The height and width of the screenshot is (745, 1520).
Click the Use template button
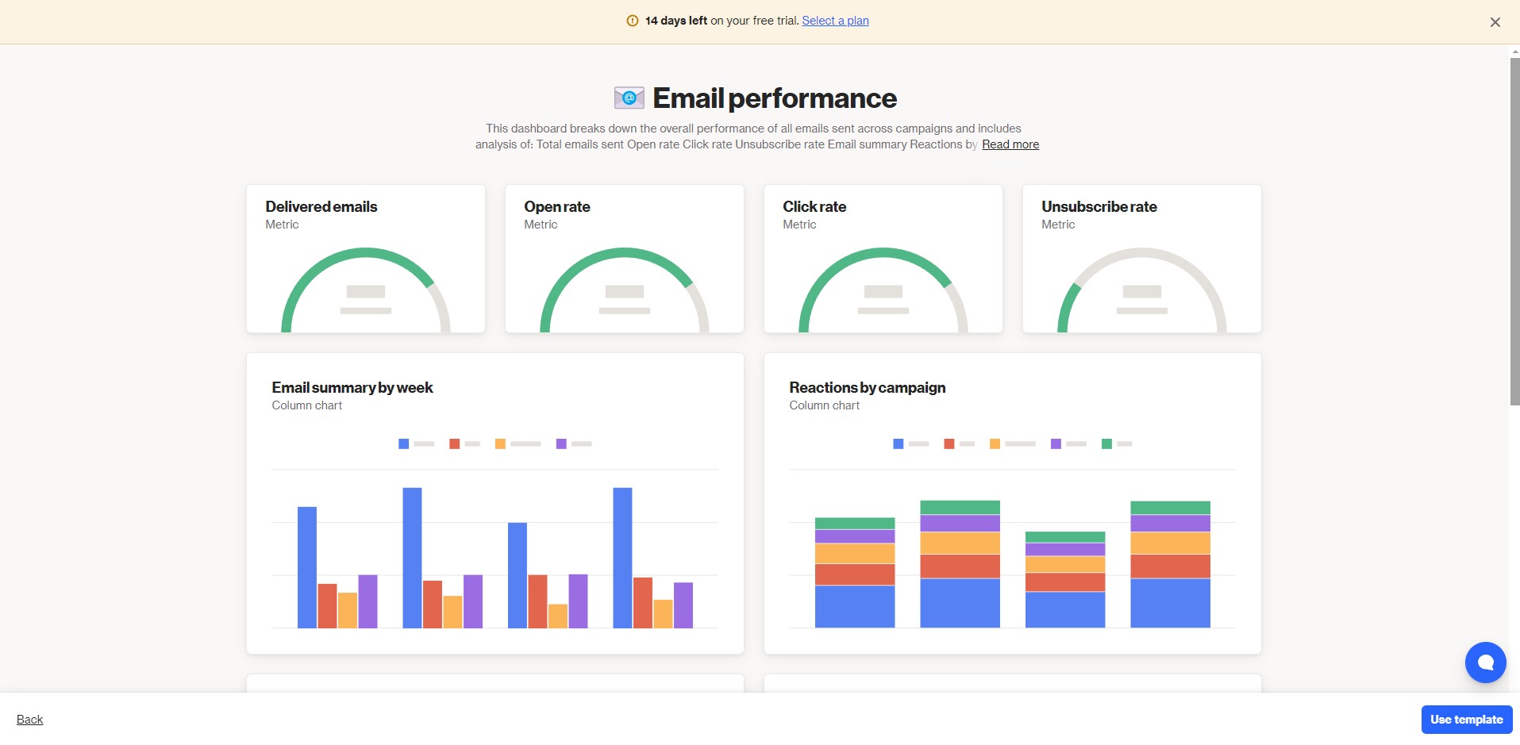coord(1467,720)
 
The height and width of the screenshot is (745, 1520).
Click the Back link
coord(30,720)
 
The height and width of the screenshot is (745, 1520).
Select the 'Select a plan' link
coord(835,21)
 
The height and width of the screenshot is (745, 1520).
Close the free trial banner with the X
coord(1495,22)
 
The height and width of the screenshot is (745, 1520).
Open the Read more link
coord(1010,144)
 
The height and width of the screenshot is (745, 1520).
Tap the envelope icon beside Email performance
coord(629,98)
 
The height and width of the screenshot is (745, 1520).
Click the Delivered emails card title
coord(321,206)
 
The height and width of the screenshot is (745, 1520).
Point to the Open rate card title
coord(557,206)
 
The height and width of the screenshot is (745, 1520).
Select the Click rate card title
coord(814,206)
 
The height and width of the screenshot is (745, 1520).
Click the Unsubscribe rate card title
coord(1099,206)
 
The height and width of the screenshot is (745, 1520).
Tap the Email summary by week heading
coord(352,387)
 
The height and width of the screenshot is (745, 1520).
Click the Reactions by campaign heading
coord(868,387)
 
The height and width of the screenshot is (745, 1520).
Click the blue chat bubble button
coord(1486,662)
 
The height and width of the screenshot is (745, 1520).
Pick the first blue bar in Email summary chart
coord(307,567)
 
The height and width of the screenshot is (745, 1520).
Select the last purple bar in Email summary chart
coord(683,605)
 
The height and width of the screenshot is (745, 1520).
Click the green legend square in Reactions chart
coord(1106,444)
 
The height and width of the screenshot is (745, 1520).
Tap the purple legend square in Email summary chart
coord(561,444)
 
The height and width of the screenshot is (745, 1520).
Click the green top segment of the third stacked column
coord(1065,537)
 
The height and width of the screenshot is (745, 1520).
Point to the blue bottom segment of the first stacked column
coord(855,607)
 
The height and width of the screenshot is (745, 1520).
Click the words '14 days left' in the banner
coord(676,21)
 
